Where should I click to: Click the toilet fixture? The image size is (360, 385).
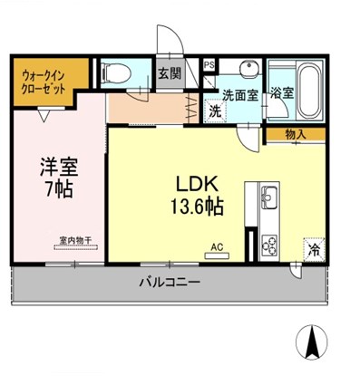point(116,72)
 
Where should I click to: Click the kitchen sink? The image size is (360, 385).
point(269,197)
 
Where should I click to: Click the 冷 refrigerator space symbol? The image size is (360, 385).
point(315,250)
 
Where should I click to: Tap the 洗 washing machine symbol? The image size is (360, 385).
point(216,111)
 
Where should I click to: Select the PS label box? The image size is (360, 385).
point(209,65)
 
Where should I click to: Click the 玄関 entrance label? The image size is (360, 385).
point(170,73)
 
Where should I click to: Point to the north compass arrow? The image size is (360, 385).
point(312,342)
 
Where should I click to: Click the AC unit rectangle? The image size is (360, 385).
point(217,256)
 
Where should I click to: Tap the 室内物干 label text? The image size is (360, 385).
point(75,241)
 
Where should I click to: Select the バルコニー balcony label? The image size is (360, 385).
point(170,283)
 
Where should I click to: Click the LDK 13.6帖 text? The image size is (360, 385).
point(198,196)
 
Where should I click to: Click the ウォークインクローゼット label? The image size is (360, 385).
point(44,82)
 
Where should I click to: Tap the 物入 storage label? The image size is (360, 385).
point(296,134)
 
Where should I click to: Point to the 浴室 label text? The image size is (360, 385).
point(282,93)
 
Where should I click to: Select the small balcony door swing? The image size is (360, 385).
point(296,271)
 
